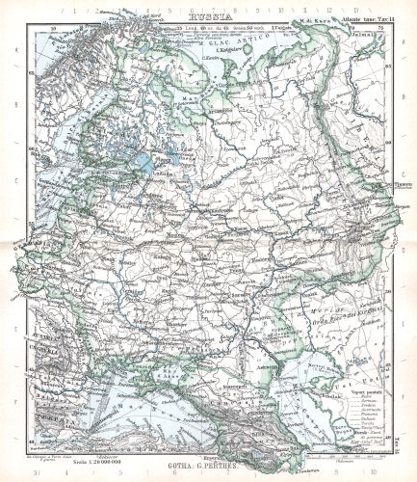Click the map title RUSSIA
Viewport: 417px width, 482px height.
pos(208,16)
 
